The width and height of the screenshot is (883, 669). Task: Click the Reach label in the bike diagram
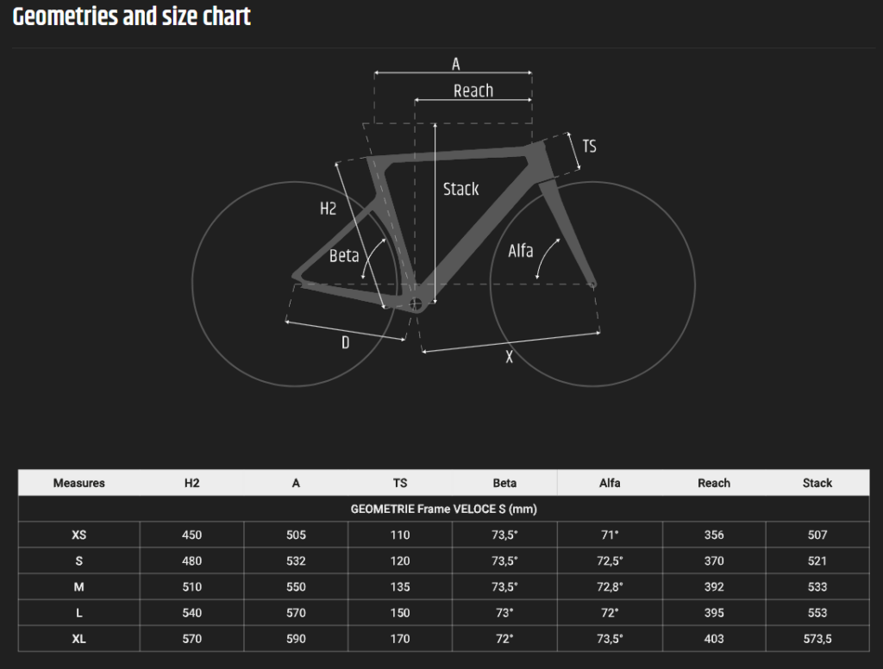(x=473, y=91)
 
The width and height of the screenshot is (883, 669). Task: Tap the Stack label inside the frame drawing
(x=460, y=189)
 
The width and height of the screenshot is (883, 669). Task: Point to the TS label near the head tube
(x=589, y=147)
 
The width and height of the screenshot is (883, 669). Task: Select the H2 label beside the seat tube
(x=328, y=209)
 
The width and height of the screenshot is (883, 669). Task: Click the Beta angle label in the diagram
(x=344, y=256)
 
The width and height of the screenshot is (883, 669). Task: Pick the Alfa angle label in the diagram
(x=520, y=251)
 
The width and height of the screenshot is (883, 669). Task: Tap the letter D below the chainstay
(x=345, y=342)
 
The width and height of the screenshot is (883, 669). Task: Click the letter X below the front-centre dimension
(x=509, y=357)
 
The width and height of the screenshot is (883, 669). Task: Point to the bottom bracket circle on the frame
(x=415, y=304)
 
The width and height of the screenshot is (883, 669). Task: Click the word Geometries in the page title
(x=66, y=16)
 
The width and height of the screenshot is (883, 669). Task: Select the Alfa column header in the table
(x=610, y=483)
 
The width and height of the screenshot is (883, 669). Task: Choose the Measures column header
(x=78, y=483)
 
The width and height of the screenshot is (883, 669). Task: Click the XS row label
(x=78, y=535)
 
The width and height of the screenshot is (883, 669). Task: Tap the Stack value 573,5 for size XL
(x=817, y=639)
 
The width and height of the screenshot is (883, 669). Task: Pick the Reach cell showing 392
(x=713, y=587)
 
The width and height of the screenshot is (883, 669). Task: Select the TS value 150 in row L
(x=400, y=613)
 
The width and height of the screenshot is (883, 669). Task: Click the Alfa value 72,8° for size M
(x=610, y=587)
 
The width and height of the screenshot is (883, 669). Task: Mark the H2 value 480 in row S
(x=191, y=561)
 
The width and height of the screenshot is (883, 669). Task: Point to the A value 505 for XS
(x=296, y=535)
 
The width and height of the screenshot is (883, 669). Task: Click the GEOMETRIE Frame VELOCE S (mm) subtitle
(x=444, y=509)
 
